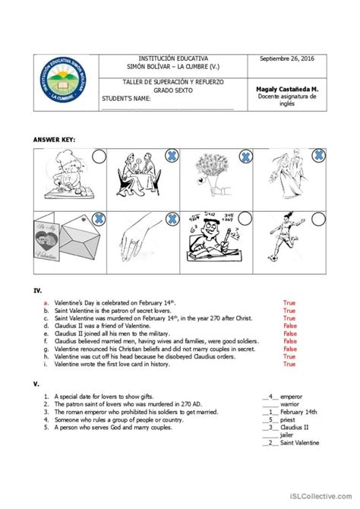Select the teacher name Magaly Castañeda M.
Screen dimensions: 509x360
pyautogui.click(x=287, y=88)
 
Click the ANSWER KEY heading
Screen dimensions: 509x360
pyautogui.click(x=55, y=141)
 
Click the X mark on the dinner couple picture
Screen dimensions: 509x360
pyautogui.click(x=172, y=157)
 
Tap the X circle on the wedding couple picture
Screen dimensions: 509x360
pyautogui.click(x=321, y=157)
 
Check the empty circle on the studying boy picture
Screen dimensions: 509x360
pyautogui.click(x=245, y=220)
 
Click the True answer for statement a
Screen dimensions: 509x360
pyautogui.click(x=289, y=302)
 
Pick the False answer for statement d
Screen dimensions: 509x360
pyautogui.click(x=290, y=326)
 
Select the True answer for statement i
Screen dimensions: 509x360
pyautogui.click(x=289, y=364)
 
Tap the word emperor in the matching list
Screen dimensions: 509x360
pyautogui.click(x=291, y=396)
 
